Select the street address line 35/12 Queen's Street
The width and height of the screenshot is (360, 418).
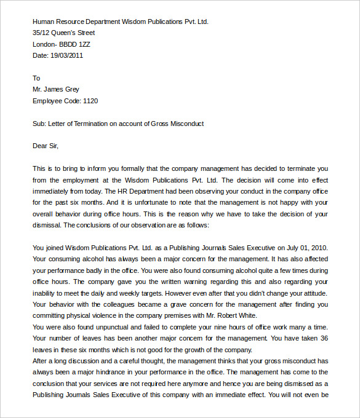coord(64,33)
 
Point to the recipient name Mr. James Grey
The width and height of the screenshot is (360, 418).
coord(56,89)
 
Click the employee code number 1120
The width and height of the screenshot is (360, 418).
coord(90,101)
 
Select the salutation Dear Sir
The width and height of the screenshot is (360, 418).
coord(45,146)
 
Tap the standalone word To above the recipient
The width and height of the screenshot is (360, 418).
coord(36,78)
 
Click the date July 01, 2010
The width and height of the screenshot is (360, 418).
coord(306,248)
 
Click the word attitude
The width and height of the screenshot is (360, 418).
coord(313,293)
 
